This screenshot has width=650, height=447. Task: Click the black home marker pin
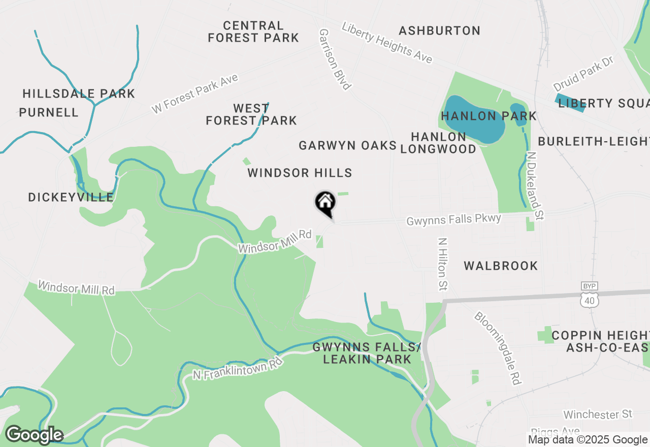point(326,203)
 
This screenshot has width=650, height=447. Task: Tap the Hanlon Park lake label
point(489,116)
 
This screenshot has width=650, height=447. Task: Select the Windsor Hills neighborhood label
point(300,173)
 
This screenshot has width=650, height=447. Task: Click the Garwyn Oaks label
point(347,146)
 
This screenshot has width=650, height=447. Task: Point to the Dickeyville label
point(71,198)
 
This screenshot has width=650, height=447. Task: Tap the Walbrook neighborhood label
point(501,266)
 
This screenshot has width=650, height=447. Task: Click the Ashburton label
point(439,30)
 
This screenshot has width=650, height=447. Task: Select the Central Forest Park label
point(253,31)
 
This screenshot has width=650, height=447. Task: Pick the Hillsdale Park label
point(79,93)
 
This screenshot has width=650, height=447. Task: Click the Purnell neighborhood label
point(49,112)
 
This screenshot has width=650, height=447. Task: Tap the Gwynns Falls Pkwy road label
point(453,219)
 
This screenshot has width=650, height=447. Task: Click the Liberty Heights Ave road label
point(387,43)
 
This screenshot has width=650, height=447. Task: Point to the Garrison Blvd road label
point(335,59)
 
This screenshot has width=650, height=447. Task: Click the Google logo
point(34,435)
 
